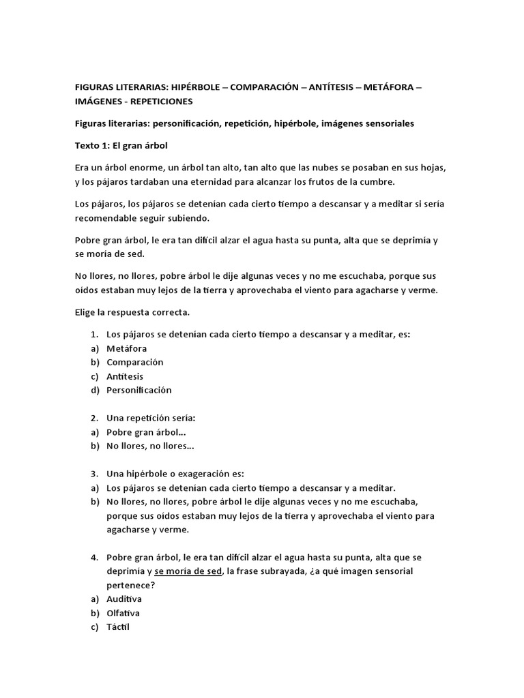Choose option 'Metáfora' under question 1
pyautogui.click(x=126, y=348)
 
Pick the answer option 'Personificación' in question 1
pyautogui.click(x=139, y=390)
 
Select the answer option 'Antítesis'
pyautogui.click(x=125, y=376)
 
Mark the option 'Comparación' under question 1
pyautogui.click(x=134, y=362)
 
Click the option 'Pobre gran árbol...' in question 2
pyautogui.click(x=146, y=432)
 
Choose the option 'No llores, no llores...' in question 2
pyautogui.click(x=150, y=446)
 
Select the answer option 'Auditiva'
pyautogui.click(x=124, y=598)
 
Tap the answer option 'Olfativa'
pyautogui.click(x=123, y=613)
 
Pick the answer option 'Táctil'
pyautogui.click(x=118, y=626)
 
